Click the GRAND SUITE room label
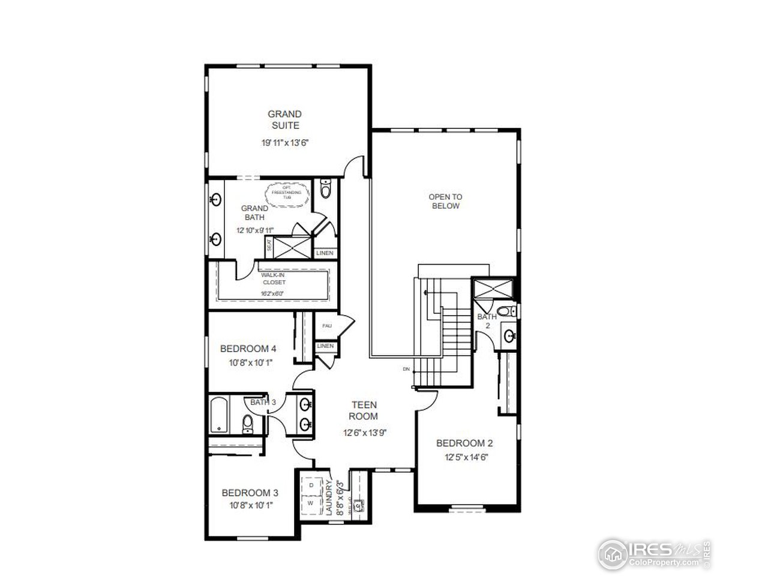(x=284, y=119)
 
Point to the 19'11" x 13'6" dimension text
(x=284, y=143)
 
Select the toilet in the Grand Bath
(x=325, y=189)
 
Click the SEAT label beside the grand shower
(x=269, y=245)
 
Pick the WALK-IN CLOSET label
(x=273, y=278)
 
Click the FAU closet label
(x=326, y=326)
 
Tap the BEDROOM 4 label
(x=248, y=349)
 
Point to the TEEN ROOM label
(x=364, y=410)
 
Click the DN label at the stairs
(x=406, y=369)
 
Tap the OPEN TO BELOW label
(x=445, y=201)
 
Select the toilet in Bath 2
(x=508, y=311)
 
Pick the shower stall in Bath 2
(x=493, y=289)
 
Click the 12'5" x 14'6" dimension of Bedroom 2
(x=464, y=457)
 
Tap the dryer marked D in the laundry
(x=311, y=484)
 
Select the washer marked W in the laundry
(x=311, y=503)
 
